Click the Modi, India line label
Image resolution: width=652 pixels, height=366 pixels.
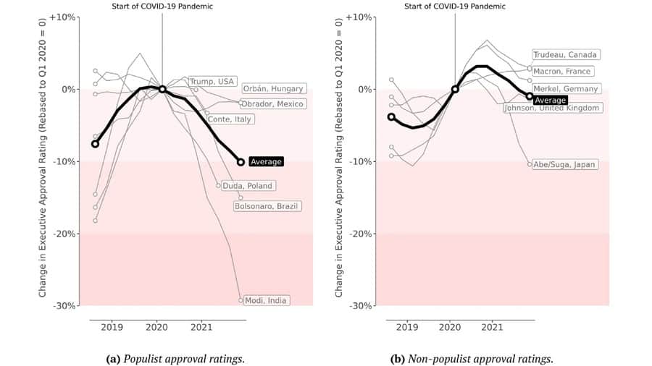tap(267, 300)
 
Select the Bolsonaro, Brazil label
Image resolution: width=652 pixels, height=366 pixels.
tap(267, 206)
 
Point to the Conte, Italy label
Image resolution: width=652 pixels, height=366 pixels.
tap(230, 119)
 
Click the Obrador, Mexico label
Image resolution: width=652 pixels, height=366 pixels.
tap(273, 103)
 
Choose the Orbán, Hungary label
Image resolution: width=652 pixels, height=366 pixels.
tap(273, 88)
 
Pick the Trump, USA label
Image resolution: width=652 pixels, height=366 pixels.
tap(212, 81)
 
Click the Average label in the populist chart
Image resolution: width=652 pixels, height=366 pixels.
tap(265, 162)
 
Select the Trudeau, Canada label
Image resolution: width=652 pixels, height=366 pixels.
tap(566, 55)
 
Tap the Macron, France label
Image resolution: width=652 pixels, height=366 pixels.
tap(562, 72)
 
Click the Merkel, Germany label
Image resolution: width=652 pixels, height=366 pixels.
tap(566, 88)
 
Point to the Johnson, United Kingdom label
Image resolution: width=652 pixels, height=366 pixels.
tap(553, 108)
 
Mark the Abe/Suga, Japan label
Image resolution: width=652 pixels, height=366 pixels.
tap(564, 164)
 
